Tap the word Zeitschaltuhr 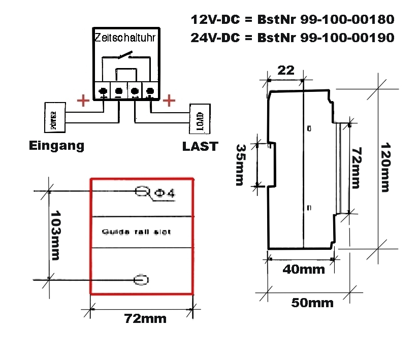(x=124, y=38)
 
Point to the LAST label (x=200, y=146)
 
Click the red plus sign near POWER (x=82, y=101)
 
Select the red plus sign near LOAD (x=169, y=101)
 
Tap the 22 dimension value (x=286, y=71)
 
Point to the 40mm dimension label (x=303, y=269)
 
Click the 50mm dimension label (x=312, y=303)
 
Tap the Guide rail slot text (x=136, y=232)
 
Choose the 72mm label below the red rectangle (x=145, y=319)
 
